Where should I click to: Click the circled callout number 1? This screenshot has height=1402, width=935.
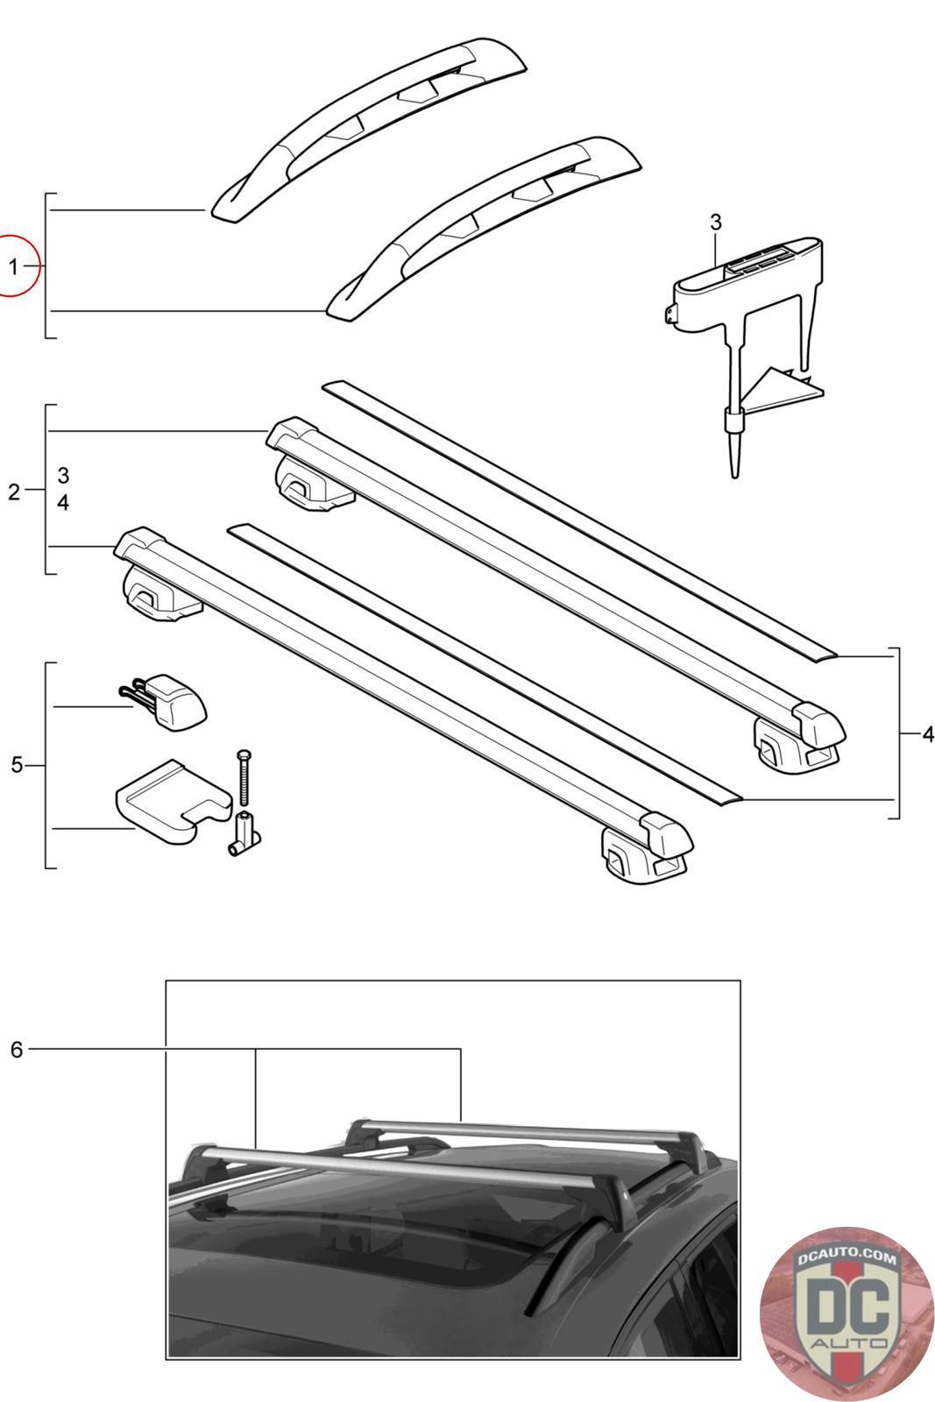pyautogui.click(x=13, y=266)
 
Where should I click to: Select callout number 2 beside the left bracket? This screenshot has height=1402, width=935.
pyautogui.click(x=13, y=492)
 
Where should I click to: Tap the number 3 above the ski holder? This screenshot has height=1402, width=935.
pyautogui.click(x=715, y=223)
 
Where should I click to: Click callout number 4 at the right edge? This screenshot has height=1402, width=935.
pyautogui.click(x=927, y=734)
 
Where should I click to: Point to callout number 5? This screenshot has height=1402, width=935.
pyautogui.click(x=16, y=765)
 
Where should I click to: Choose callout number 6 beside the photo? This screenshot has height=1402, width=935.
pyautogui.click(x=16, y=1049)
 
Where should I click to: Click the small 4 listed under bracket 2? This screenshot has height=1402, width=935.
pyautogui.click(x=63, y=504)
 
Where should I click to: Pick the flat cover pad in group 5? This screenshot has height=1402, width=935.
pyautogui.click(x=171, y=800)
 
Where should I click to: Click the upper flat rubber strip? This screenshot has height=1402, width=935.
pyautogui.click(x=578, y=517)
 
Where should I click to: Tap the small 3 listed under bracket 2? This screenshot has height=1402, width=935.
pyautogui.click(x=63, y=476)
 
